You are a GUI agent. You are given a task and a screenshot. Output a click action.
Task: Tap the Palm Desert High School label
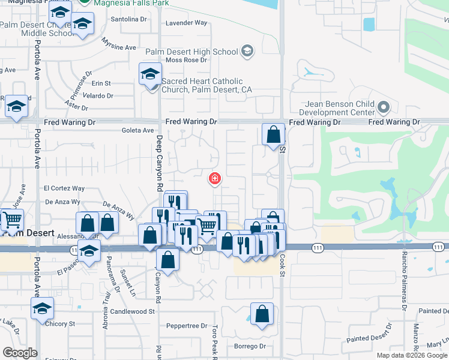pos(191,52)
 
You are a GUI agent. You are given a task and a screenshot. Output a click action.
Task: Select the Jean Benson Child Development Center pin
pos(384,109)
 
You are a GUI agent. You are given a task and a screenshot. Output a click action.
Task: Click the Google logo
pos(20,353)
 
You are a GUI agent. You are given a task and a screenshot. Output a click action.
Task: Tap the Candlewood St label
pos(133,311)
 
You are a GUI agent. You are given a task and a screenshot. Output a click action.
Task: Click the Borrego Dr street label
pos(250,346)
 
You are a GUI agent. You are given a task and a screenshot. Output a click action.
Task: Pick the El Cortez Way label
pos(64,188)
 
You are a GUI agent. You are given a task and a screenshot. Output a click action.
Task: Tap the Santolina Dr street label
pos(128,19)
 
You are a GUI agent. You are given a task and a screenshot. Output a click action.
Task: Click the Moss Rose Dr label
pos(186,60)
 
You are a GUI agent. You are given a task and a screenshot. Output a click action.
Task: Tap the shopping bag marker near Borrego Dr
pos(262,314)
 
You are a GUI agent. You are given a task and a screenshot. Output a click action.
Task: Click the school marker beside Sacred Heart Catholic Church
pos(150,76)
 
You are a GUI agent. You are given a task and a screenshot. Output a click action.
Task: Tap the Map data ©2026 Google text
pos(411,355)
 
